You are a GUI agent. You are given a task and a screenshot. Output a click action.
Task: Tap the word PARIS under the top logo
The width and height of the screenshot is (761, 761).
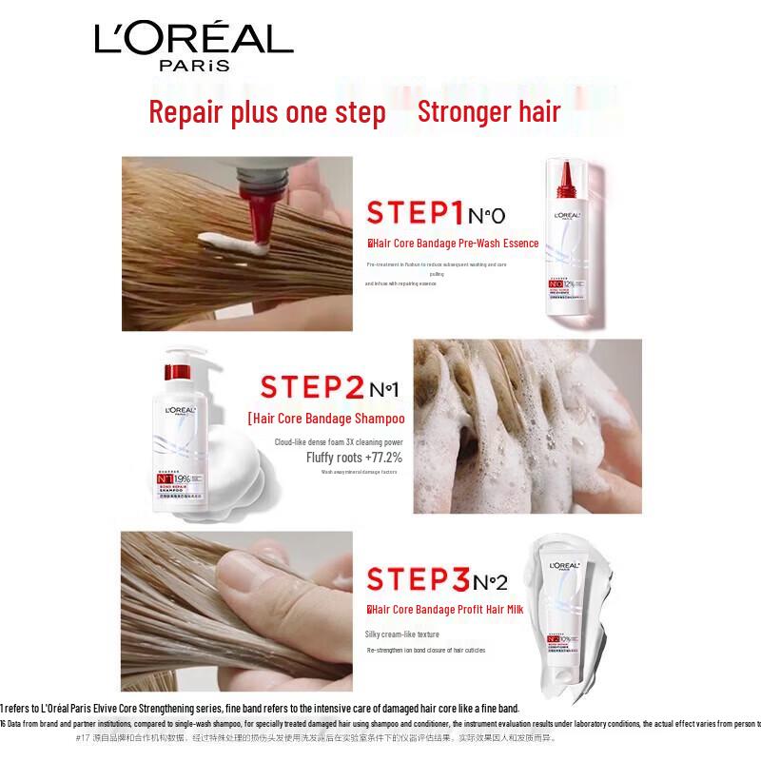194,67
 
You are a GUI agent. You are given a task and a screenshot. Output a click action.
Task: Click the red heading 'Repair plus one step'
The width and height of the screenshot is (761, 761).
266,112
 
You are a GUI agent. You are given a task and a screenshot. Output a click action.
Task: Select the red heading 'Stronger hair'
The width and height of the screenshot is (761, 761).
489,111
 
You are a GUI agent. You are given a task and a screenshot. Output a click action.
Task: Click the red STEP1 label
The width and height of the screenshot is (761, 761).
415,211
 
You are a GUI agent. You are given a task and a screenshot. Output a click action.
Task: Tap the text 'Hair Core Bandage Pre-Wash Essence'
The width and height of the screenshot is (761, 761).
455,244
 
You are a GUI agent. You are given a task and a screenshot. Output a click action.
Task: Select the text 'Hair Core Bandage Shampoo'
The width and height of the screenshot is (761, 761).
327,419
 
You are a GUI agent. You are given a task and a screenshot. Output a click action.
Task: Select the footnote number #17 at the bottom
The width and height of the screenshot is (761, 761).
86,737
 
